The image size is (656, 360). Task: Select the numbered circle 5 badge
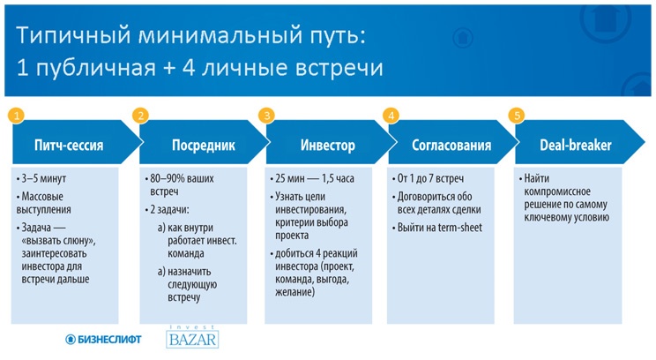click(x=518, y=116)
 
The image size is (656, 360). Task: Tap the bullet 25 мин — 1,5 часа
click(x=316, y=179)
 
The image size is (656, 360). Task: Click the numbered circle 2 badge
click(x=140, y=116)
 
